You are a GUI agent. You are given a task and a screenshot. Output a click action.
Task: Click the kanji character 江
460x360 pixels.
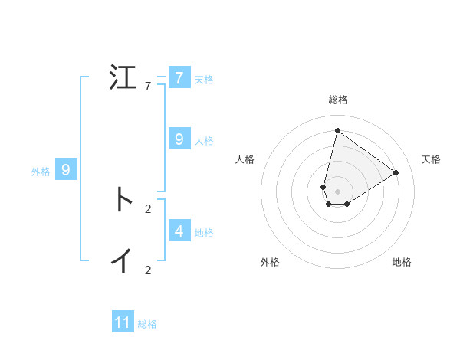click(123, 77)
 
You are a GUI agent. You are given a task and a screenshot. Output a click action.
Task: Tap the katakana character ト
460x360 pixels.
click(123, 200)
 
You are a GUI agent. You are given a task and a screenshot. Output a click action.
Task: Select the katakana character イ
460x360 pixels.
click(123, 261)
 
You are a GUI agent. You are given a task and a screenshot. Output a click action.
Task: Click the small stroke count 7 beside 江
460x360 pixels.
click(148, 86)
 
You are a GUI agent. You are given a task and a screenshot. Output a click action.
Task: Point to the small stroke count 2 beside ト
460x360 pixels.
click(148, 208)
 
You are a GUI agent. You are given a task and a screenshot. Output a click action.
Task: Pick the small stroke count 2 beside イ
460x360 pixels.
click(148, 270)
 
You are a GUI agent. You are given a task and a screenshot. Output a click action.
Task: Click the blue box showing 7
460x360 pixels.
click(179, 78)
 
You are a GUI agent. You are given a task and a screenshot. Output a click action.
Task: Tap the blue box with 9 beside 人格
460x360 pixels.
click(179, 139)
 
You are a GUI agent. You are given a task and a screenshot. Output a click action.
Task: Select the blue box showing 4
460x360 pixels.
click(179, 231)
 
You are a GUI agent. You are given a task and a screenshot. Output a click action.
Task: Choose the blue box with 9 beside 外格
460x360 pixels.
click(66, 170)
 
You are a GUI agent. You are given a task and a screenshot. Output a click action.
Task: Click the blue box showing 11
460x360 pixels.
click(123, 322)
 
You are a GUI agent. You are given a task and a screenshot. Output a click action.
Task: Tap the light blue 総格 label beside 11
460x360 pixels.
click(147, 324)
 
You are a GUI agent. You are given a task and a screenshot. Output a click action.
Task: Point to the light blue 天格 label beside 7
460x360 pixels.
click(204, 80)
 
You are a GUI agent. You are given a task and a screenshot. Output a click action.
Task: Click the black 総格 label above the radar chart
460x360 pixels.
click(337, 100)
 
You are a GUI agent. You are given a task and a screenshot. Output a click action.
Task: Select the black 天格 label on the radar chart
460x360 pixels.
click(431, 159)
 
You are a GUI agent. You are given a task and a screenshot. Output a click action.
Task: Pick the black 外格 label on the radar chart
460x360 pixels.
click(270, 262)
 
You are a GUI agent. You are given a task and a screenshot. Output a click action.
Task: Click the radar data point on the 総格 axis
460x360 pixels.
click(337, 130)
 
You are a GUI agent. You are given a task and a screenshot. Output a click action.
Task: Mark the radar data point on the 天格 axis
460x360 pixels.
click(396, 172)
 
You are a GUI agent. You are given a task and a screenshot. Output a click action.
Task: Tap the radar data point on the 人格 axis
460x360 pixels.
click(324, 187)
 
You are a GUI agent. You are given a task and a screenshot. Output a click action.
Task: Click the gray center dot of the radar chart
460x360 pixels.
click(337, 191)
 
